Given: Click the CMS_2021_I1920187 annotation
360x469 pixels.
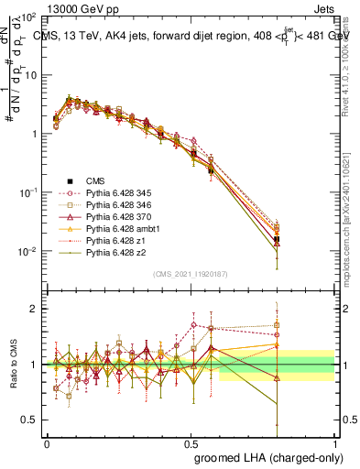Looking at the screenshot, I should pos(191,272).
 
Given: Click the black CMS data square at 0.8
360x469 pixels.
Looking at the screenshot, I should pos(278,239).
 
